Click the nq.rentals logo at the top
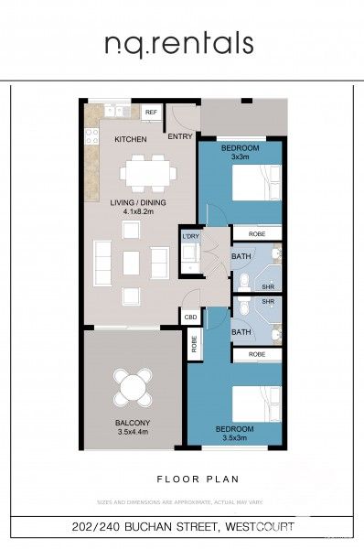178,43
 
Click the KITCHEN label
130,140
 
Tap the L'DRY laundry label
190,237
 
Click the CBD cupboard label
190,318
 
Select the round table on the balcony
134,385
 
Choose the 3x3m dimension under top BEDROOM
240,157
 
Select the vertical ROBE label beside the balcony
195,344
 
